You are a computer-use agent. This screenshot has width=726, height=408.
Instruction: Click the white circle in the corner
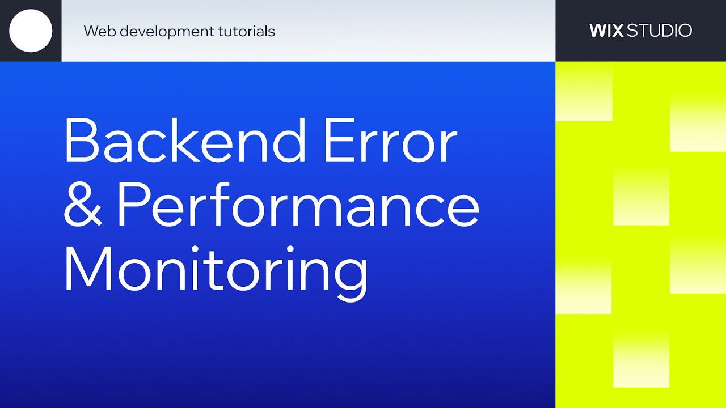pos(31,31)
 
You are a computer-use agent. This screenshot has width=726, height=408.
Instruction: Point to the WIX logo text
pos(606,31)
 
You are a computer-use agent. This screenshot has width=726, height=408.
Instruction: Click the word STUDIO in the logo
pos(659,31)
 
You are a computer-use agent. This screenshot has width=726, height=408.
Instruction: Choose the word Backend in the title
pos(185,141)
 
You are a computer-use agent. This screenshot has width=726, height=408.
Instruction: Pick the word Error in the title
pos(390,141)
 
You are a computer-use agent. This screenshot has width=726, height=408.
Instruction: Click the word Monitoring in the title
pos(216,271)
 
